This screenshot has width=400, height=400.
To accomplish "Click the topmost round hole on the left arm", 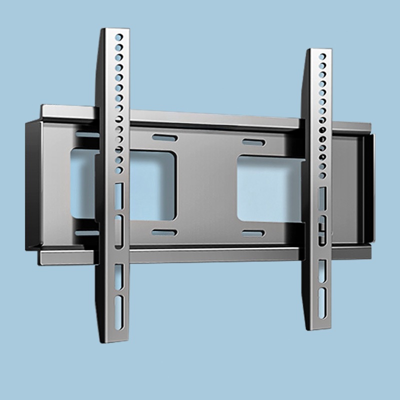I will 118,37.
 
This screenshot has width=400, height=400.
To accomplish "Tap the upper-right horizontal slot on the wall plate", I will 254,142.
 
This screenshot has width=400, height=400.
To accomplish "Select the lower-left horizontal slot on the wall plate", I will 164,232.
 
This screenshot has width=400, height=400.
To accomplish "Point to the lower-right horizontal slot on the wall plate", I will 253,232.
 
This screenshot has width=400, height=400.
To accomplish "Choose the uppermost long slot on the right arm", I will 322,197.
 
